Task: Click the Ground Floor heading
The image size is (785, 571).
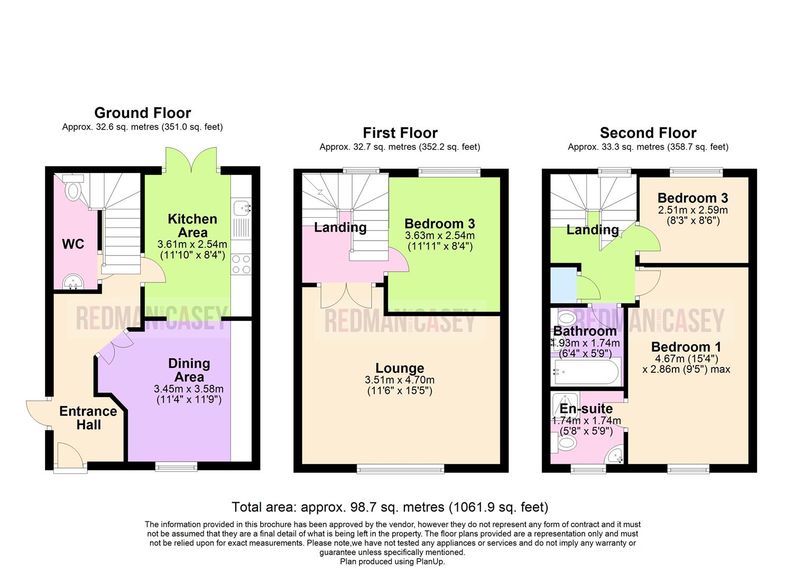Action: coord(142,113)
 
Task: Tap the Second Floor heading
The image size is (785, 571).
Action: coord(648,133)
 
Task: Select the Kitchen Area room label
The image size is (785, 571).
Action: coord(192,226)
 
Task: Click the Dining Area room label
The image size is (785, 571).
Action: coord(189,370)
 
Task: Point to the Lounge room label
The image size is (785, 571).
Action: coord(400,368)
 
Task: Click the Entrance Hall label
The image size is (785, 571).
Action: coord(88,418)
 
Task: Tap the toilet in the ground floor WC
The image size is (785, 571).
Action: coord(73,190)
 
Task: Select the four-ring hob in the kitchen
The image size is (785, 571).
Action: coord(242,264)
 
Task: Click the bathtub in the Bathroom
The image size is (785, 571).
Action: coord(585,372)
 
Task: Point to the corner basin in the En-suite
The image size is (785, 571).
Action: coord(615,455)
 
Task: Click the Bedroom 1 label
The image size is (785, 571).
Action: coord(686,347)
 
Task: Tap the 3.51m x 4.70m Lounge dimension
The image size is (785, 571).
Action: coord(400,380)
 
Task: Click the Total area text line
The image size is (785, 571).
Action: coord(390,507)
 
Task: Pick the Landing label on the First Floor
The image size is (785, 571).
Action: coord(340,227)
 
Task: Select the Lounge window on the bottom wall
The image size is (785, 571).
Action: coord(400,468)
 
